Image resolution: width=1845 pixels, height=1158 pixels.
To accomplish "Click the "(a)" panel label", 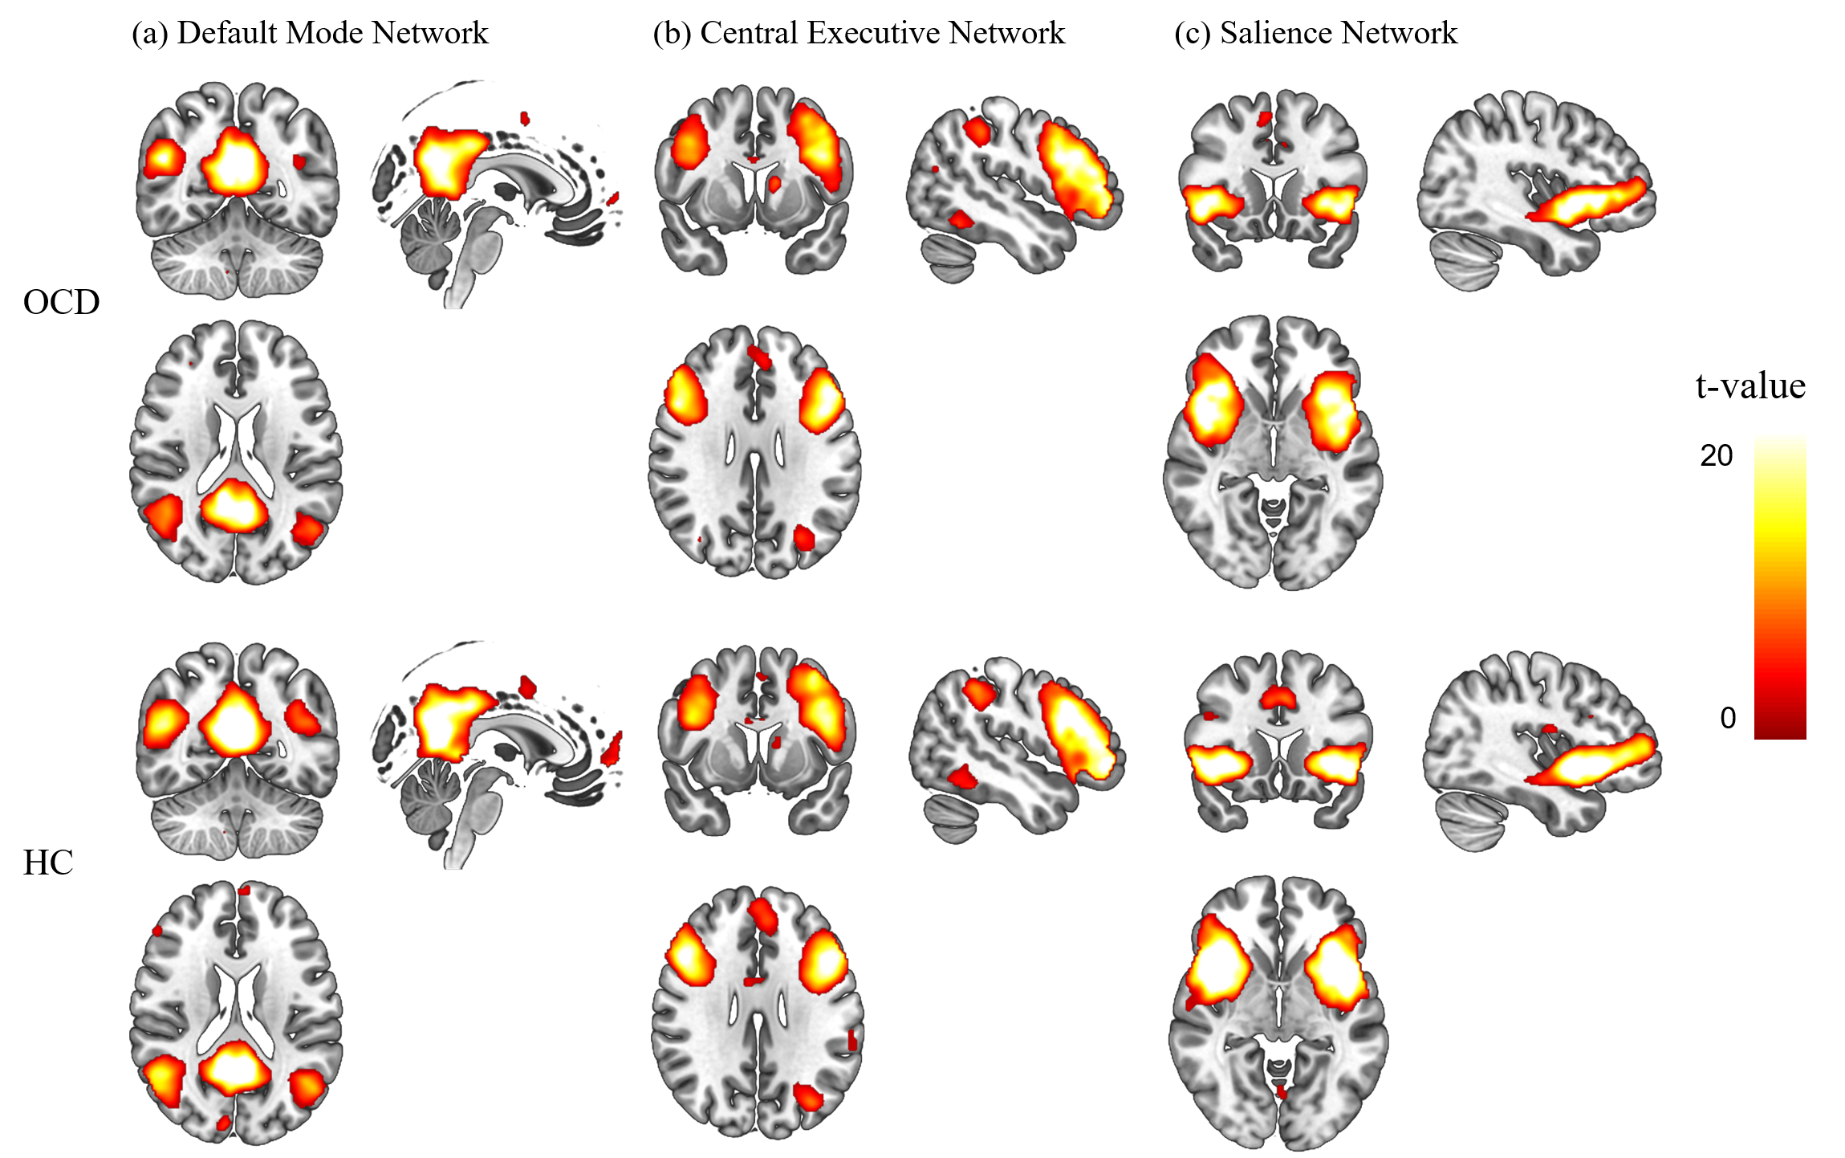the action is [x=149, y=34].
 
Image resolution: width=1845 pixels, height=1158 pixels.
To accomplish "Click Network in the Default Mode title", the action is [x=430, y=34].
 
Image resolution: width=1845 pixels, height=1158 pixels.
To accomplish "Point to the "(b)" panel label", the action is [x=672, y=34].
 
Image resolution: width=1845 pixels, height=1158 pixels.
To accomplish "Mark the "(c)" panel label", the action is [x=1193, y=34].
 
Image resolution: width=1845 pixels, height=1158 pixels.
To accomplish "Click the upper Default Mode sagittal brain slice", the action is [x=494, y=193].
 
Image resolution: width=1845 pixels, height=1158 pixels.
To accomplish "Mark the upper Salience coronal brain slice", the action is [x=1272, y=181].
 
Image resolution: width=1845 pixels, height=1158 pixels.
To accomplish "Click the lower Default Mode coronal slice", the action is [x=237, y=751].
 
